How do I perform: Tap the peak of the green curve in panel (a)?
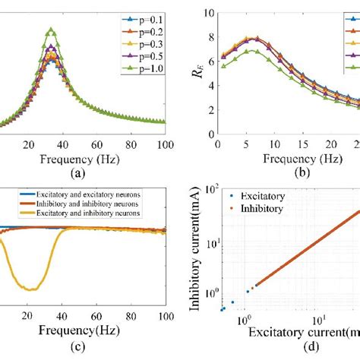(51, 30)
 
